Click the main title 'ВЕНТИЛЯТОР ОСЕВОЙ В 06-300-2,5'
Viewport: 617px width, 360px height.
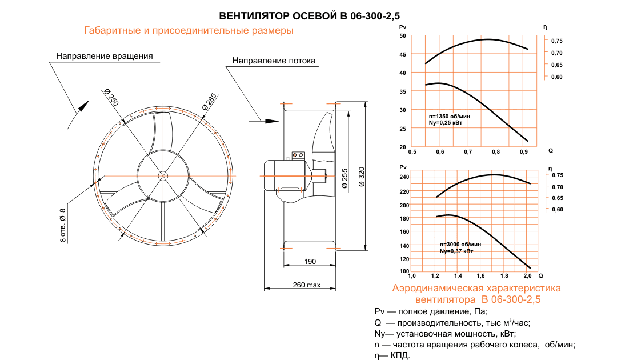(314, 16)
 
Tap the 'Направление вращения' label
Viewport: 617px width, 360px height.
(105, 56)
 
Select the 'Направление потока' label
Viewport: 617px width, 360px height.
(274, 61)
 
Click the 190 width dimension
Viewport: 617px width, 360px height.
(309, 262)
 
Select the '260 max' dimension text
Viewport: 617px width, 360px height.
(307, 285)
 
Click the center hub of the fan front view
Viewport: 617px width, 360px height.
(163, 175)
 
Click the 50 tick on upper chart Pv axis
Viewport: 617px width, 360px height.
(403, 36)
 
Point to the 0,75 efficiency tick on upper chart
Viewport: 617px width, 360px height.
(556, 41)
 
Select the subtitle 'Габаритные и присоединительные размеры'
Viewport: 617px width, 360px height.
(189, 31)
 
